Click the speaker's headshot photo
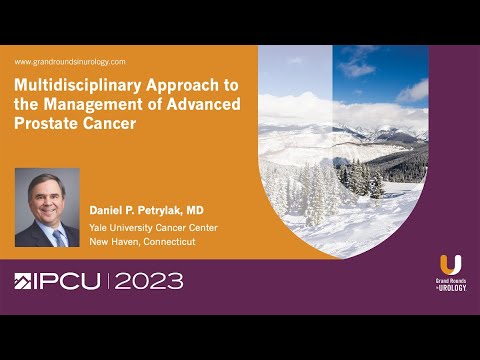coord(48,206)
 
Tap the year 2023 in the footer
coord(149,282)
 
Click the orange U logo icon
coord(450,265)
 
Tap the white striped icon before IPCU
coord(24,282)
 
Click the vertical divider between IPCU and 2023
coord(109,282)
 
